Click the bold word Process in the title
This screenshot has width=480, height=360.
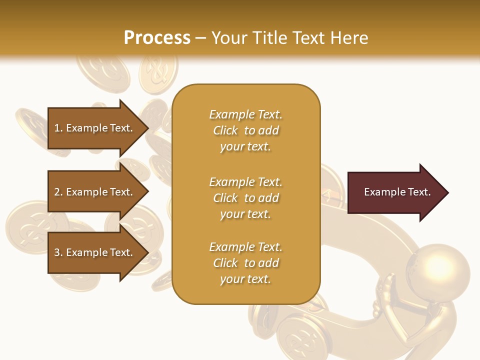coord(157,38)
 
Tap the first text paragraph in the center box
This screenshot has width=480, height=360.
coord(245,130)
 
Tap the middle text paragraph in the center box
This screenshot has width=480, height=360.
coord(245,198)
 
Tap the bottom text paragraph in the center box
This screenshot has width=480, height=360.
coord(245,263)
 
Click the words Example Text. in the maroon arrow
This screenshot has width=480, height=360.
coord(397,192)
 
